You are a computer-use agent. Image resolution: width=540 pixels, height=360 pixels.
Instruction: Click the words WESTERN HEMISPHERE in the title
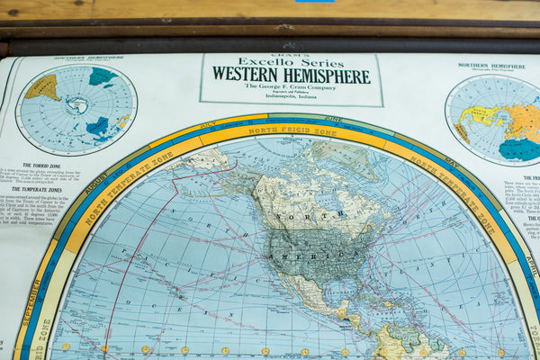pyautogui.click(x=291, y=76)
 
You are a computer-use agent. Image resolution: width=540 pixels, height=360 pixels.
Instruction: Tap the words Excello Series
pyautogui.click(x=290, y=62)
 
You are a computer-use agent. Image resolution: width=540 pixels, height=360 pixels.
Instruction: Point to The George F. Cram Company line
pyautogui.click(x=291, y=86)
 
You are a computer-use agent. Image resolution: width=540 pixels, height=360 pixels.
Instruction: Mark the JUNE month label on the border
pyautogui.click(x=333, y=119)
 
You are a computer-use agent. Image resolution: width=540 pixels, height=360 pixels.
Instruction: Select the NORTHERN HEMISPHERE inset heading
pyautogui.click(x=491, y=66)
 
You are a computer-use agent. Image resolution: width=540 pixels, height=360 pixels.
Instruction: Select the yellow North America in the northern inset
pyautogui.click(x=482, y=114)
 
